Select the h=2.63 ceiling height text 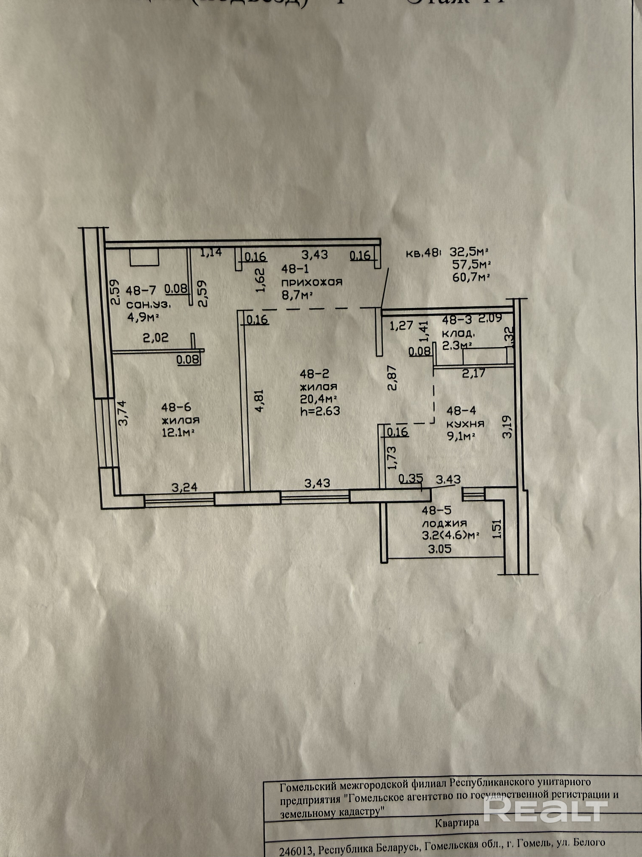(320, 411)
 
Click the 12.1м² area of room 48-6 (178, 432)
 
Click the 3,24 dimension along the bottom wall (184, 487)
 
